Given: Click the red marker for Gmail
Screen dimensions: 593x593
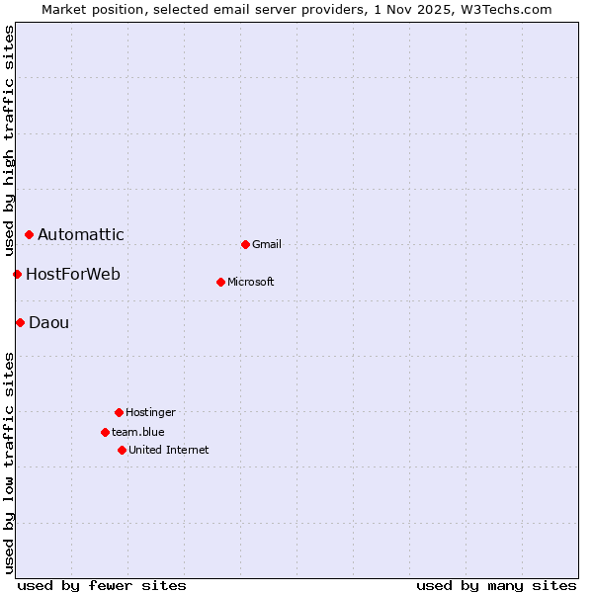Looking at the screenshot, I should click(245, 244).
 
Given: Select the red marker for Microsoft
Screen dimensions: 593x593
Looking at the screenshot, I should click(220, 282).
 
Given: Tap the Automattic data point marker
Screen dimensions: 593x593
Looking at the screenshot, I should click(30, 234).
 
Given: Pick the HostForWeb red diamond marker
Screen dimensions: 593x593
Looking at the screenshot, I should click(17, 274).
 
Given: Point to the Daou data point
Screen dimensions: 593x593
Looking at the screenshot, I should click(20, 322).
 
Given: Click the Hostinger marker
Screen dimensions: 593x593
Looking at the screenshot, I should click(119, 412).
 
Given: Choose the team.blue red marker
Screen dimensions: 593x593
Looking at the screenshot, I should click(105, 432).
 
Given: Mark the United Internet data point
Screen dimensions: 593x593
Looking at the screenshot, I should click(122, 450).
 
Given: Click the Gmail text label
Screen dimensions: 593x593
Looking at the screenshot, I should click(267, 244).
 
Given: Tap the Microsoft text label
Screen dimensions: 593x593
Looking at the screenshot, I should click(251, 282).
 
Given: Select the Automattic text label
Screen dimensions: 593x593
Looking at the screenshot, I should click(81, 234).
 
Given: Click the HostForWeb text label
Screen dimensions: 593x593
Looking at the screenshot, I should click(73, 274).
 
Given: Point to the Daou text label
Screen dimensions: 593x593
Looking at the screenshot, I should click(49, 322).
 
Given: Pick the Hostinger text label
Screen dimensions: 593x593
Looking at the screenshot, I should click(150, 412).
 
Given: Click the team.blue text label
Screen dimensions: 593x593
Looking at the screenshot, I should click(138, 432).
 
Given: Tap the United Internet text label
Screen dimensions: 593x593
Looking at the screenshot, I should click(169, 450).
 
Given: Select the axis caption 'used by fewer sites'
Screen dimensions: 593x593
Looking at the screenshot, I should click(102, 585).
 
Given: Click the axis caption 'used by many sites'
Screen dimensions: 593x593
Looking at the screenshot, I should click(496, 585).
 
